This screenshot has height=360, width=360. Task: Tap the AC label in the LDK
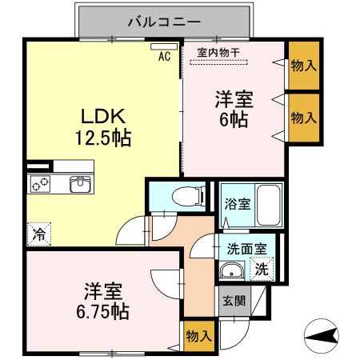tap(164, 56)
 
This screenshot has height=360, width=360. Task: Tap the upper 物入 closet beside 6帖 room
tap(303, 66)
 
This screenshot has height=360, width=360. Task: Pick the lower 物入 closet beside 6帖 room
tap(303, 118)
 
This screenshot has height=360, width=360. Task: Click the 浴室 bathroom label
tap(238, 203)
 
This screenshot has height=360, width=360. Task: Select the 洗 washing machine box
tap(262, 270)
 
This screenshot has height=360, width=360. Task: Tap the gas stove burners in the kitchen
tap(41, 185)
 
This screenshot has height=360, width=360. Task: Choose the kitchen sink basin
tap(81, 185)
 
